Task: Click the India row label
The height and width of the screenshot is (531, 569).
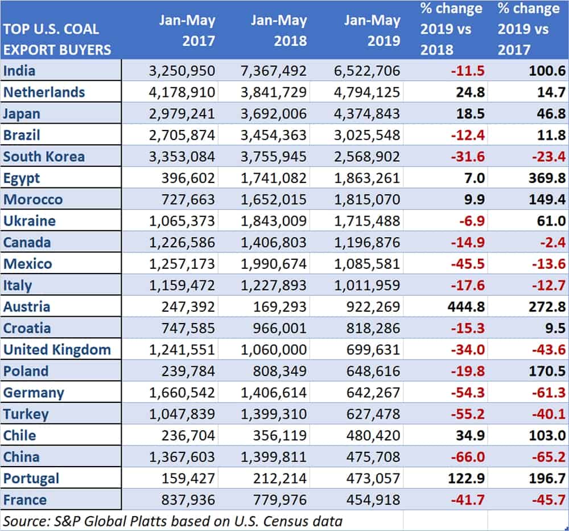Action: point(19,71)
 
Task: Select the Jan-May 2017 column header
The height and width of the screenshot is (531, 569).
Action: point(187,31)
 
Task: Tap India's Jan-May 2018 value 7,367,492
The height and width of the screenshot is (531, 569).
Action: point(274,71)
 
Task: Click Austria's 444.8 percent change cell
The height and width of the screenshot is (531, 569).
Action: point(466,307)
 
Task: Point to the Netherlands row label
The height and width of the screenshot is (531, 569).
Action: point(44,92)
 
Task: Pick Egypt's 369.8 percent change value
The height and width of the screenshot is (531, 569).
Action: point(547,178)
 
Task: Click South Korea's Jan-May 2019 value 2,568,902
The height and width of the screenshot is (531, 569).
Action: point(367,157)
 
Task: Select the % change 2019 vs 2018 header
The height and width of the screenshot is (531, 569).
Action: point(451,29)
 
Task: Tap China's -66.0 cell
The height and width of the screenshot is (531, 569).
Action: point(468,457)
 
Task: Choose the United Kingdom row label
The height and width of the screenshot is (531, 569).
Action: point(57,350)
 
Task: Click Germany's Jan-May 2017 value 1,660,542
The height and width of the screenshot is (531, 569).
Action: point(182,393)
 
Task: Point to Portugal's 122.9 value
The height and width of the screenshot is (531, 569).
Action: point(466,479)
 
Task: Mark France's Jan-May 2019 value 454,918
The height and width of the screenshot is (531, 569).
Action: point(373,500)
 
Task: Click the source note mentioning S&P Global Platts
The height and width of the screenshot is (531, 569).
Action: point(173,521)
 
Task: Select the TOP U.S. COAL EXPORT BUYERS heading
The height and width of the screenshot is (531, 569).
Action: point(57,39)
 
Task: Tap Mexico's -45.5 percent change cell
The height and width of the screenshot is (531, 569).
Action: point(468,264)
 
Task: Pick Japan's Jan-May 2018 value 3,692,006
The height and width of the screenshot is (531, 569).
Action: point(274,114)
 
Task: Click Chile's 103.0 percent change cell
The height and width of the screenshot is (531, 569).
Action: point(547,435)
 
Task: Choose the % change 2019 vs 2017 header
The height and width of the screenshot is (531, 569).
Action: point(529,29)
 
